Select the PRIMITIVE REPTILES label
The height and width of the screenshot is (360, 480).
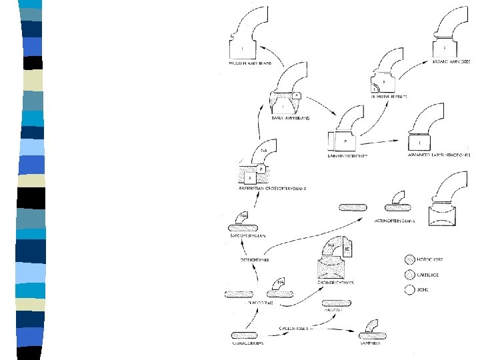click(x=389, y=97)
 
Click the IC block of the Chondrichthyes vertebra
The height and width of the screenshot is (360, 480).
click(x=347, y=251)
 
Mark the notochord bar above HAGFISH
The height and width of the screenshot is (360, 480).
click(x=337, y=303)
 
